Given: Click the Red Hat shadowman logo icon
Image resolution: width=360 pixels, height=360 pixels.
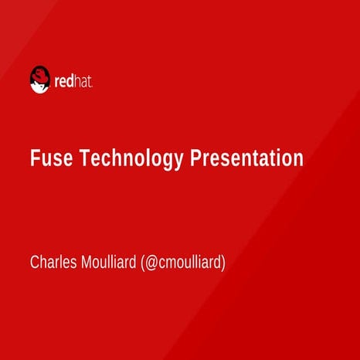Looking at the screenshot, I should (x=39, y=79).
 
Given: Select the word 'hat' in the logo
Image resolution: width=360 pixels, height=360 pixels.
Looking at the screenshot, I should (x=84, y=80).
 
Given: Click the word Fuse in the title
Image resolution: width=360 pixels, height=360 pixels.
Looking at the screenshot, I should (x=46, y=158).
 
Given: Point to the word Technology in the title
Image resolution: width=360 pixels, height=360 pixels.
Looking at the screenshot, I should (x=127, y=159).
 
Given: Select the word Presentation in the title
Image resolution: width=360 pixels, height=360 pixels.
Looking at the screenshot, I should (x=246, y=158).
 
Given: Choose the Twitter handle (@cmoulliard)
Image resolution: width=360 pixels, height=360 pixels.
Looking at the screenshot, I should (x=183, y=263).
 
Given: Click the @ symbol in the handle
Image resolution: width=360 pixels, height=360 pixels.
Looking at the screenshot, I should (x=152, y=263).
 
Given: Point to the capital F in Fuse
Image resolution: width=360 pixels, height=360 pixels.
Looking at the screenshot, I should (x=34, y=158).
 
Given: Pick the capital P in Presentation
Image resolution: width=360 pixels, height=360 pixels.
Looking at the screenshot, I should (x=195, y=158).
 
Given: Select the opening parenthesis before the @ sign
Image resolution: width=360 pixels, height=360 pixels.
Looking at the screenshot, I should (x=144, y=263).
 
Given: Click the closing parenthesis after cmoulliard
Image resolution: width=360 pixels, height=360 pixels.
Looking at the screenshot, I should (x=222, y=263).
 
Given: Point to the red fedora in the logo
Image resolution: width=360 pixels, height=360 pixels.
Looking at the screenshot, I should (x=39, y=73).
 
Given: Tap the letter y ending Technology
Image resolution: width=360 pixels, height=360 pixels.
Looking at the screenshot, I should (x=180, y=161).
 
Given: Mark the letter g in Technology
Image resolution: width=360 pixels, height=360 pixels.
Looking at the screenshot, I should (x=169, y=161).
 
